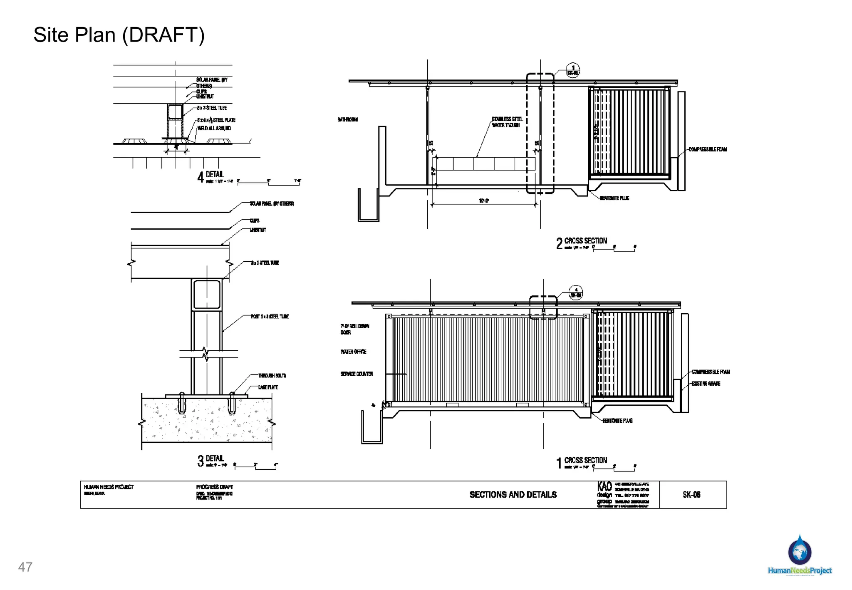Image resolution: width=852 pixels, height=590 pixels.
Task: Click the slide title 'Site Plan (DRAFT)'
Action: coord(119,35)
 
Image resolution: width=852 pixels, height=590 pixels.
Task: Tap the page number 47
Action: coord(25,567)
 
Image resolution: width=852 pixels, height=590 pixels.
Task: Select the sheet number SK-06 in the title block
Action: coord(691,494)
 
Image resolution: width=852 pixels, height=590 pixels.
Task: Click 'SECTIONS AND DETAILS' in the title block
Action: coord(513,494)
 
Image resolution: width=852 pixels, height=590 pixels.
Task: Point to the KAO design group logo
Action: coord(604,494)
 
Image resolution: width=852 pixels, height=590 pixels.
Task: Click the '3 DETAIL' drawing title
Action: coord(211,460)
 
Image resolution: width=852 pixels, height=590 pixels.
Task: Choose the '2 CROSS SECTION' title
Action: coord(582,242)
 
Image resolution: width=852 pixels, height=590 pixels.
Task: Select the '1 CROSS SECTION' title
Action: coord(582,461)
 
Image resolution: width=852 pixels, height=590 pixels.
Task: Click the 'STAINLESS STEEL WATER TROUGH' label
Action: coord(507,122)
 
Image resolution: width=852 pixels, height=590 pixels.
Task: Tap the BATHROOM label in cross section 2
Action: coord(347,120)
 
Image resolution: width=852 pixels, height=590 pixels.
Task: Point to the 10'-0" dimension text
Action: coord(484,201)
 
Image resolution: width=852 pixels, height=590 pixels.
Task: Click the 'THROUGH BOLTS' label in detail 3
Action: coord(272,376)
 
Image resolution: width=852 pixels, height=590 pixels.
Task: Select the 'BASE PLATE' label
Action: coord(268,387)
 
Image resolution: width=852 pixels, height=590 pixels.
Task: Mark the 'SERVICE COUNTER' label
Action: coord(357,374)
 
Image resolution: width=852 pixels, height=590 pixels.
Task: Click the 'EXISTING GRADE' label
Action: coord(706,384)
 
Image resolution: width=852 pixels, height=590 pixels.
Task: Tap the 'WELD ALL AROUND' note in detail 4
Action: coord(214,128)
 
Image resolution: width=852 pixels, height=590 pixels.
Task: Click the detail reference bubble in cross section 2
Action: coord(573,70)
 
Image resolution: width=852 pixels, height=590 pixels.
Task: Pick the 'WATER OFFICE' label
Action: coord(353,352)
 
